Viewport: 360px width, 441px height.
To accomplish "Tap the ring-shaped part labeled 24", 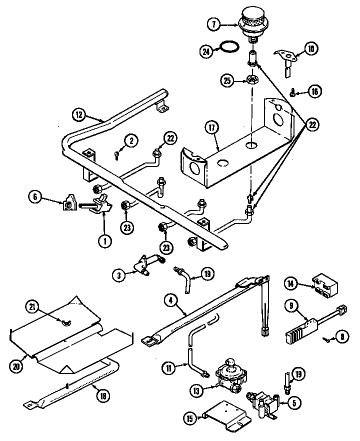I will click(x=230, y=49).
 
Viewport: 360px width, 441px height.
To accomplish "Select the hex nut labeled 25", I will click(x=251, y=80).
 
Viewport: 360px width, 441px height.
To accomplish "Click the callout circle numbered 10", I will click(x=310, y=48).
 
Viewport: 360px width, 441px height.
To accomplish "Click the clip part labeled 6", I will click(x=68, y=204).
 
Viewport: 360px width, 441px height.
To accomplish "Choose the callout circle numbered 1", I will click(x=104, y=241).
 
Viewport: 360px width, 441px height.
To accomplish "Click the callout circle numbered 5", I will click(x=293, y=400).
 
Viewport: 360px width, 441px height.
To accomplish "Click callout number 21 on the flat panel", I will click(x=33, y=306).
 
